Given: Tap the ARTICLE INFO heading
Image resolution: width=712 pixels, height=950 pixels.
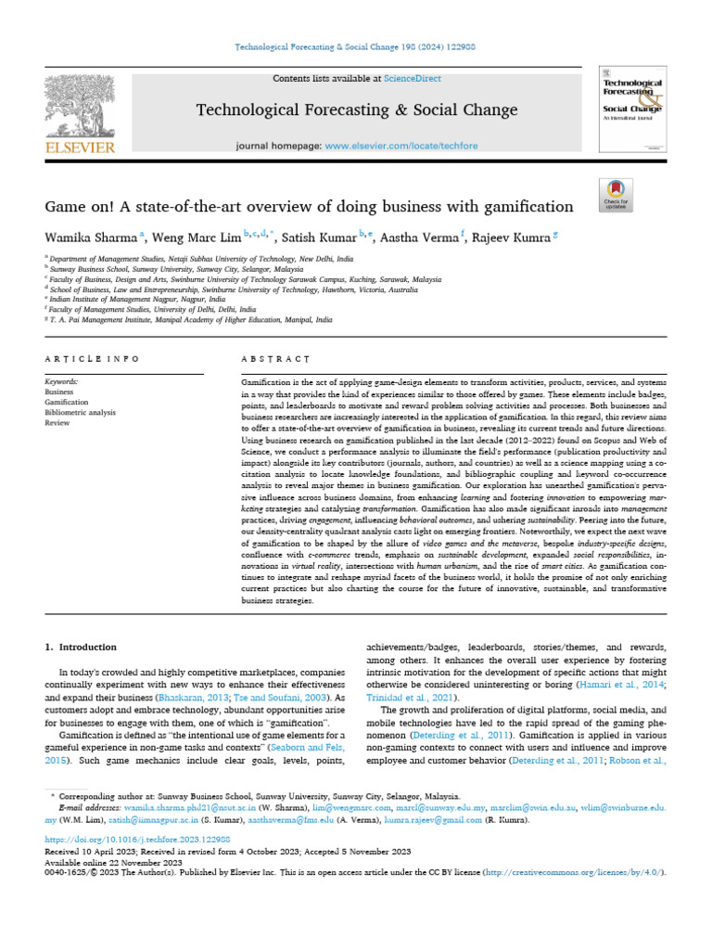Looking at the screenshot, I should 92,358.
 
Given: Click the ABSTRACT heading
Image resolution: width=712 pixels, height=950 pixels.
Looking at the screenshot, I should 275,358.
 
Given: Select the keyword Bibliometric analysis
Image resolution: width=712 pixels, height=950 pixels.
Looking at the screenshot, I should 81,412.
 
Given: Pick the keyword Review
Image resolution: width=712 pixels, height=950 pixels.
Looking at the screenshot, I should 57,422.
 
